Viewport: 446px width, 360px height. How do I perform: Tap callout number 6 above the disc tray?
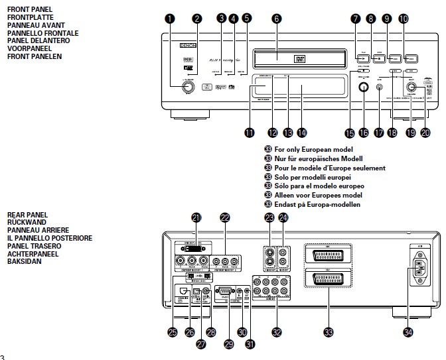[x=276, y=19]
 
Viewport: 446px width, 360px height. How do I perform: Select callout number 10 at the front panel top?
[x=404, y=19]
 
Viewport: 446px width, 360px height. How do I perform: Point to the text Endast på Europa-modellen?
[x=317, y=205]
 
